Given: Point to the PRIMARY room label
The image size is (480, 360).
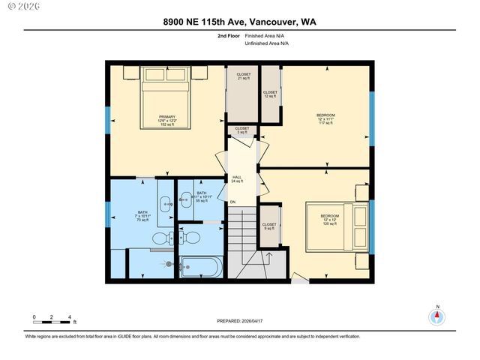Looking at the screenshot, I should (166, 121).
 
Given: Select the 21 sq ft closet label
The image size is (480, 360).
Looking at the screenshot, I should (244, 76).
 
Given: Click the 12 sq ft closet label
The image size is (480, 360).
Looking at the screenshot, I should (270, 94).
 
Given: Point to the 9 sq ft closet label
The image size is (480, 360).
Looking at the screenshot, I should (269, 226).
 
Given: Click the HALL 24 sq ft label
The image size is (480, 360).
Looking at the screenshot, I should (237, 179).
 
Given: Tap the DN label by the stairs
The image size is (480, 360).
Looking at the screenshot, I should (232, 202).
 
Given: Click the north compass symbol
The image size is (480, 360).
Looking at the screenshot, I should (437, 316).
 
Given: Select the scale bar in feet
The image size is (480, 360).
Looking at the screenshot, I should (52, 322).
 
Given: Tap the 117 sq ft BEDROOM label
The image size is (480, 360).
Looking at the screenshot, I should (326, 118).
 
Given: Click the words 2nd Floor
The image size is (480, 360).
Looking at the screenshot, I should (228, 35).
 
